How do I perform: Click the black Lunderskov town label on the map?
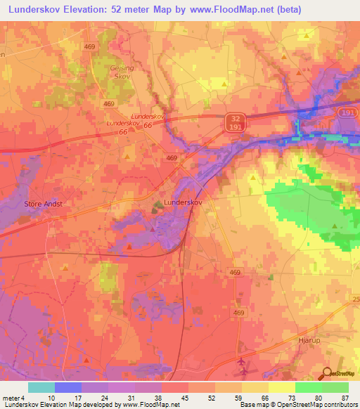click(x=182, y=202)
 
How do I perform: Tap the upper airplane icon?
click(x=243, y=361)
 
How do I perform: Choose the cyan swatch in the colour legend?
click(x=41, y=387)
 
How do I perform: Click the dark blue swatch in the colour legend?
click(x=68, y=387)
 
